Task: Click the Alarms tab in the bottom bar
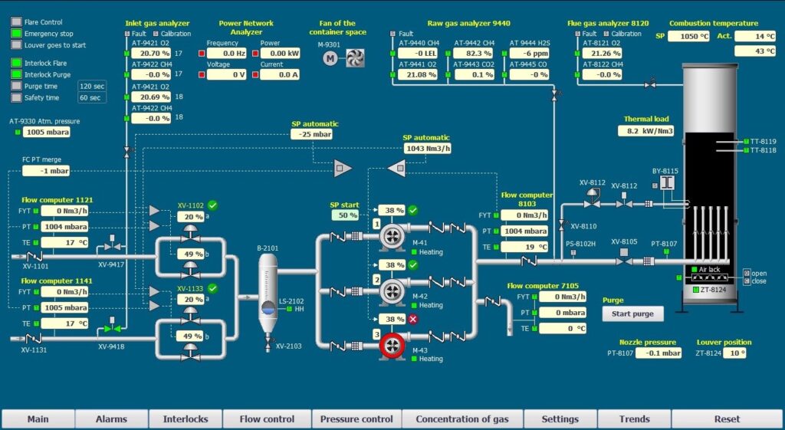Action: pyautogui.click(x=111, y=419)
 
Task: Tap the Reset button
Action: pyautogui.click(x=727, y=419)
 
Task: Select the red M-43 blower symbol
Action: pyautogui.click(x=392, y=345)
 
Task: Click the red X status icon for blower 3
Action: pyautogui.click(x=413, y=319)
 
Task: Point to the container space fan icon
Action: pyautogui.click(x=355, y=58)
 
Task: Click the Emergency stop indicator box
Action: pyautogui.click(x=17, y=34)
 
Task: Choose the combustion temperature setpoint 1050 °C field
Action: pyautogui.click(x=688, y=36)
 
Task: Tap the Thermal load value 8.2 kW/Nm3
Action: pyautogui.click(x=645, y=130)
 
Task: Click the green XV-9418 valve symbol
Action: pyautogui.click(x=112, y=328)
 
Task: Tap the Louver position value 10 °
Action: pyautogui.click(x=734, y=353)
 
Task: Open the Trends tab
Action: pyautogui.click(x=634, y=419)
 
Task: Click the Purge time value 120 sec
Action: pyautogui.click(x=92, y=86)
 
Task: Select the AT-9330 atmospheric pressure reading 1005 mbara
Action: pyautogui.click(x=46, y=132)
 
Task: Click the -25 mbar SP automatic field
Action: pyautogui.click(x=311, y=134)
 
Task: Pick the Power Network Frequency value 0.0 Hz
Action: pyautogui.click(x=227, y=54)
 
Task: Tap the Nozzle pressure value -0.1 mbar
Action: pyautogui.click(x=659, y=353)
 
